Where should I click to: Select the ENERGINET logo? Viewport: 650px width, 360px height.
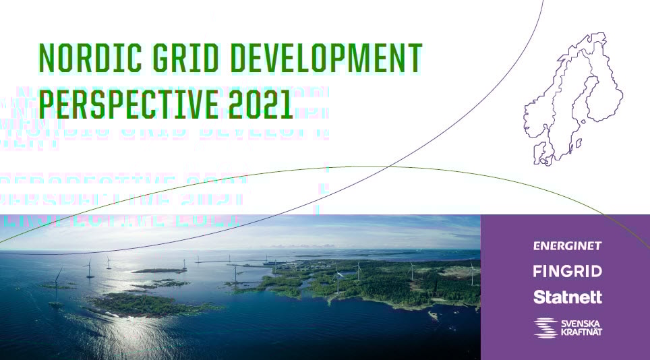(x=567, y=246)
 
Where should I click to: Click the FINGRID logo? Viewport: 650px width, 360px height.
(x=567, y=271)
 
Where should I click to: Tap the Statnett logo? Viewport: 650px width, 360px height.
(x=567, y=297)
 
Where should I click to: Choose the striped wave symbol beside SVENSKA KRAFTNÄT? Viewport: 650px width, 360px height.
(x=546, y=328)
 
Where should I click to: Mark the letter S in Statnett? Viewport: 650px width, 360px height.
(x=539, y=297)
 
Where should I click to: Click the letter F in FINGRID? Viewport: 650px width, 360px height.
(x=537, y=271)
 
